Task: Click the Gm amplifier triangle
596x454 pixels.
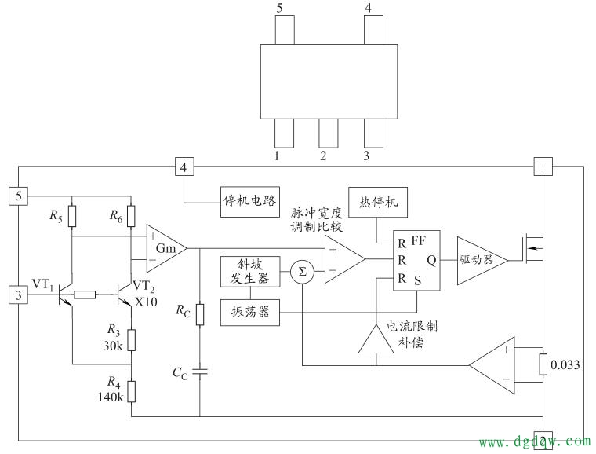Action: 163,248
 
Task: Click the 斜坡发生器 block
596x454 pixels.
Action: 249,272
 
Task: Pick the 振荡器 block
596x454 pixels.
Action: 249,312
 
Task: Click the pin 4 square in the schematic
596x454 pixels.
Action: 184,167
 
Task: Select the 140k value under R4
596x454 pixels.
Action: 113,397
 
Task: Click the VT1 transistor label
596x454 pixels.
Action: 42,284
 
